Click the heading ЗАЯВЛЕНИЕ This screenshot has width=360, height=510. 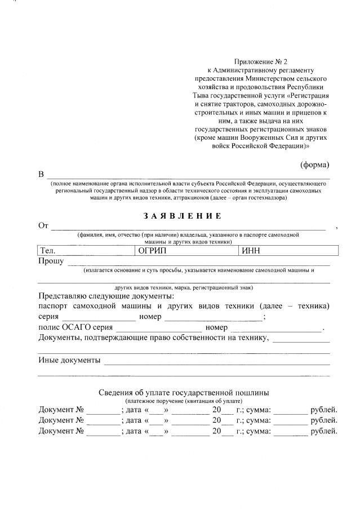183,216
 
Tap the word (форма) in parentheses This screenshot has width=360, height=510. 314,165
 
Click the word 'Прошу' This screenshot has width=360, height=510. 51,261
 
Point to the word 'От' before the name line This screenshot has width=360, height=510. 43,226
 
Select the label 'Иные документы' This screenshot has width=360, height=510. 69,360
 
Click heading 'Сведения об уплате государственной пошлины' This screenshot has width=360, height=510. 184,392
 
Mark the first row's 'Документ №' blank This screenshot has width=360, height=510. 103,409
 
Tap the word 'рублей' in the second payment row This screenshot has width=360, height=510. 324,420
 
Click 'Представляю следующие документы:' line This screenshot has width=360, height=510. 106,296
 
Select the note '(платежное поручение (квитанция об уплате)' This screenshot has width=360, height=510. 184,400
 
